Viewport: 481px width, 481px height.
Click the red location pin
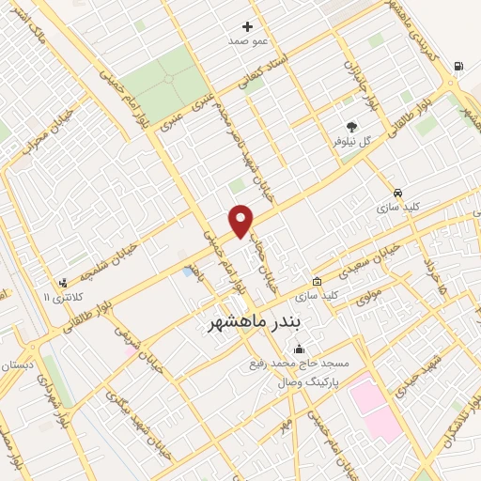[x=241, y=220]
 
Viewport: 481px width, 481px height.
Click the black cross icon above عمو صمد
[x=248, y=26]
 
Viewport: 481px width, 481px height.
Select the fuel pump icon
[x=458, y=66]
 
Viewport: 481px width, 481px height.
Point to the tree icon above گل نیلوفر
[x=351, y=125]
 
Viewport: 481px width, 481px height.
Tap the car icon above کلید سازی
[x=398, y=191]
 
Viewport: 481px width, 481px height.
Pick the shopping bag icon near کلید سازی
[x=318, y=281]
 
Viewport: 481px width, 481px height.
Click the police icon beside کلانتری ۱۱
[x=63, y=283]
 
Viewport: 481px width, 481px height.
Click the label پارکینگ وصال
[x=308, y=382]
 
